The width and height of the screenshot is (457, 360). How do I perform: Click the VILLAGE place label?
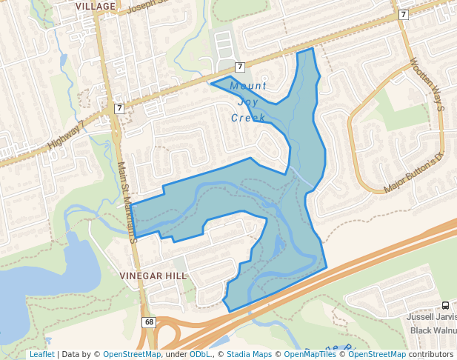point(96,6)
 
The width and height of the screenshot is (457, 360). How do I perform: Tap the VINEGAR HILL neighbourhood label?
point(153,274)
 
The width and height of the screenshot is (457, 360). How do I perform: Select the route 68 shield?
point(149,322)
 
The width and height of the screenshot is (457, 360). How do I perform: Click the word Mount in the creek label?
point(248,85)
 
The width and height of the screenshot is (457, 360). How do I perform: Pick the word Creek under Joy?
point(248,118)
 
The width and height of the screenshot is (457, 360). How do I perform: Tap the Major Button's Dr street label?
point(413,173)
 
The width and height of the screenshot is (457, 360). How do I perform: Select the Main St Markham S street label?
point(125,202)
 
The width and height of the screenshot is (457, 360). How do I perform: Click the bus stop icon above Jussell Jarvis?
point(445,305)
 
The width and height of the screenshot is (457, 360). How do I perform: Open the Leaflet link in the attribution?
point(41,354)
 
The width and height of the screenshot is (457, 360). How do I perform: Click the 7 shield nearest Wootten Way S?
point(403,14)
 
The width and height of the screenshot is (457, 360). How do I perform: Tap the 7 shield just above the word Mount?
point(240,67)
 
